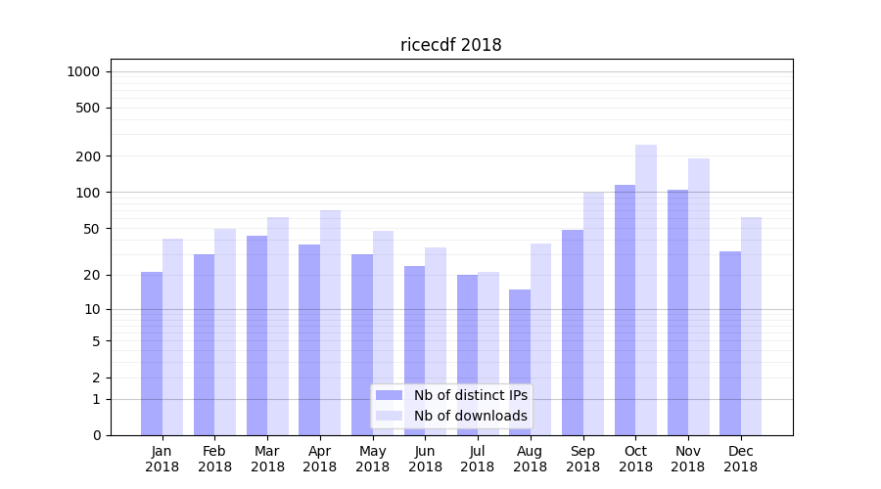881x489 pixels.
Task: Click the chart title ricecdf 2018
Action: coord(450,45)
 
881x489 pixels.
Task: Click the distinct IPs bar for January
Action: coord(152,353)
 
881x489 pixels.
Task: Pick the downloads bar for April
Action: coord(330,323)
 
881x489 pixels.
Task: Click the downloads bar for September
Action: coord(593,313)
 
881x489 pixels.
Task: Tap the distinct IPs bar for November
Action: coord(677,312)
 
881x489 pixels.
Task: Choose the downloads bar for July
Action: coord(488,353)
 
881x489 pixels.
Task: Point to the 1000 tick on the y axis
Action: coord(83,71)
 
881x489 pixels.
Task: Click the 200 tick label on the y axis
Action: coord(89,156)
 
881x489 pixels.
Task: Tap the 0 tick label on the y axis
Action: coord(96,435)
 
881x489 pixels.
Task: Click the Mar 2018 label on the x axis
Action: coord(267,459)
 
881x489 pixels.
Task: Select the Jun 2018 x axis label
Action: coord(425,459)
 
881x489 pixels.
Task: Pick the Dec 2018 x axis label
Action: coord(740,459)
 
